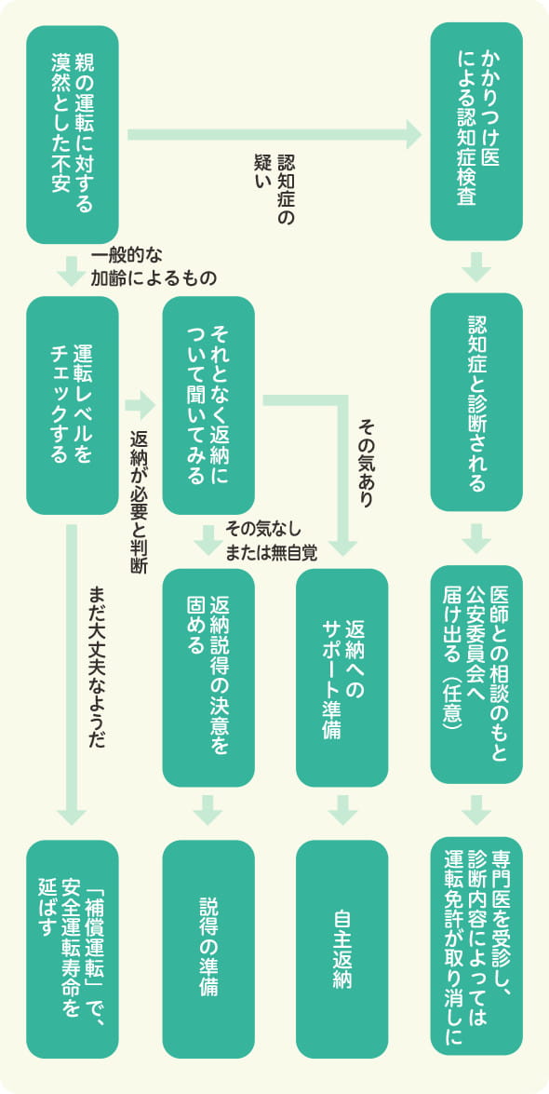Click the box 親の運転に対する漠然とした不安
click(73, 134)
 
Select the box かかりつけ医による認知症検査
click(475, 132)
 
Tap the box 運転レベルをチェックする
click(73, 405)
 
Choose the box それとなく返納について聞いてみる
click(208, 405)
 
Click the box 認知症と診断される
click(475, 405)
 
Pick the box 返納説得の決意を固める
click(208, 677)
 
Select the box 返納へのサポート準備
click(341, 677)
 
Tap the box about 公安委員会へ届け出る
click(475, 677)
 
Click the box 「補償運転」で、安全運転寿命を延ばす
click(73, 945)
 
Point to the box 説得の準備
click(208, 945)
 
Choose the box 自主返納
click(341, 945)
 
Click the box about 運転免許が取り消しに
click(475, 945)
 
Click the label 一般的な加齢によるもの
click(154, 266)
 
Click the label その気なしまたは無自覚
click(271, 541)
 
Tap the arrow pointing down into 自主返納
click(341, 810)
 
